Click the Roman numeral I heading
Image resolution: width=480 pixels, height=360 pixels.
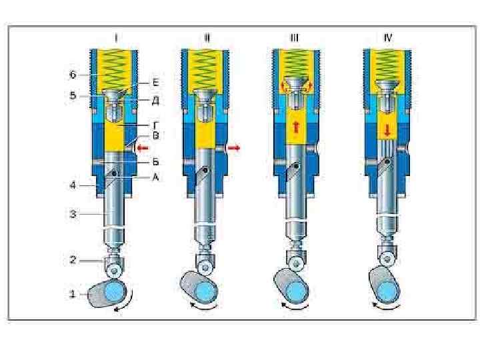[x=116, y=38]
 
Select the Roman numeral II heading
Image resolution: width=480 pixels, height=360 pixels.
[x=207, y=38]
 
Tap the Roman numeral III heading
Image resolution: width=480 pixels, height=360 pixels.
[x=294, y=38]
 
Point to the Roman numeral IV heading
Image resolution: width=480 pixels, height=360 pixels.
[x=387, y=38]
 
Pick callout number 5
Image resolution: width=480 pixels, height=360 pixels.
[x=73, y=95]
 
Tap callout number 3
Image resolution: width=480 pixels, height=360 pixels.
[x=73, y=214]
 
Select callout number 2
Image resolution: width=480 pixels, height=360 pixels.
[x=73, y=261]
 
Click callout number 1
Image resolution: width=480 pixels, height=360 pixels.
[x=73, y=293]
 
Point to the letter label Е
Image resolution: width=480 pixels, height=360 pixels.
[x=155, y=83]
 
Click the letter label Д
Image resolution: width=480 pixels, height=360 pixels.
[x=155, y=101]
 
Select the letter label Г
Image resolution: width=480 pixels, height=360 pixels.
[x=155, y=124]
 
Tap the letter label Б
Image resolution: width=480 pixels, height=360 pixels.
[x=155, y=161]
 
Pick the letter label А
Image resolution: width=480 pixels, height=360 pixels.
[x=155, y=178]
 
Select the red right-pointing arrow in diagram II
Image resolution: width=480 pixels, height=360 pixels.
[x=234, y=147]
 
